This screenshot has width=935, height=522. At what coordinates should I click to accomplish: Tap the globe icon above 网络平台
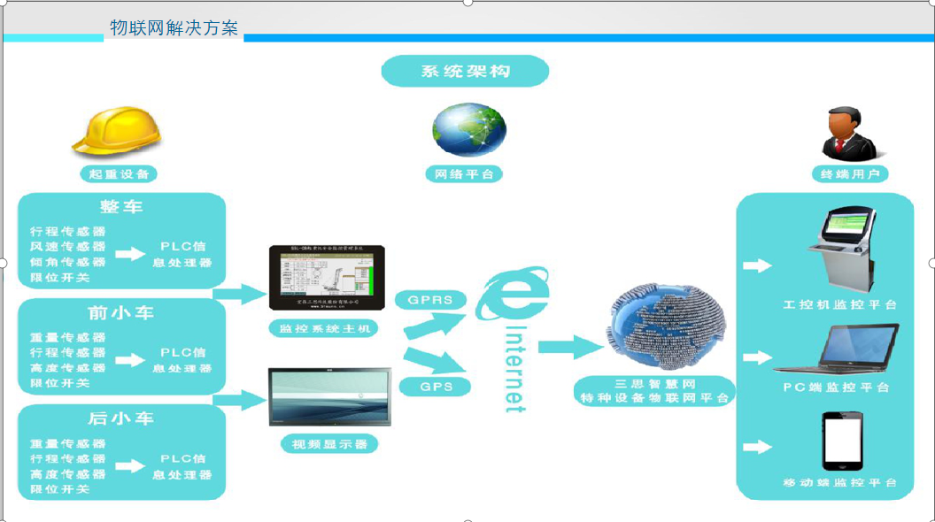[x=468, y=130]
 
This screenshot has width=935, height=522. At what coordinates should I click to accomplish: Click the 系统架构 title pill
[x=466, y=72]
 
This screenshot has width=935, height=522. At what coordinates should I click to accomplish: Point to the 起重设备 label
[x=119, y=174]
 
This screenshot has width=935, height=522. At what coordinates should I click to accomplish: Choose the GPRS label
[x=430, y=300]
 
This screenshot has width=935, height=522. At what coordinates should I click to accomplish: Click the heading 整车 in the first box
[x=121, y=207]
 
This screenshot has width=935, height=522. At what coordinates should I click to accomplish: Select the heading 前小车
[x=121, y=312]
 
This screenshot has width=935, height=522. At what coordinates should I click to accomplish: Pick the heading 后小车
[x=121, y=418]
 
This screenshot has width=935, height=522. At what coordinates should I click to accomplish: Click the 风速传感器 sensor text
[x=68, y=247]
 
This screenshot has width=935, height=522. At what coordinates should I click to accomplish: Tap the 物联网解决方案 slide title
[x=174, y=27]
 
